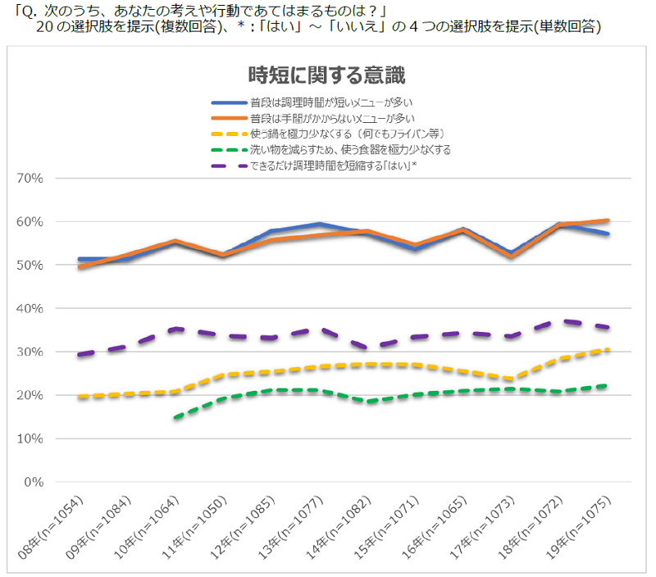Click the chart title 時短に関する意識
pyautogui.click(x=326, y=76)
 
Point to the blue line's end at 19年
pyautogui.click(x=608, y=234)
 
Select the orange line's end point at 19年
pyautogui.click(x=608, y=220)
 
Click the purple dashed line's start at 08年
pyautogui.click(x=79, y=354)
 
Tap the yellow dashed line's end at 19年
pyautogui.click(x=608, y=349)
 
